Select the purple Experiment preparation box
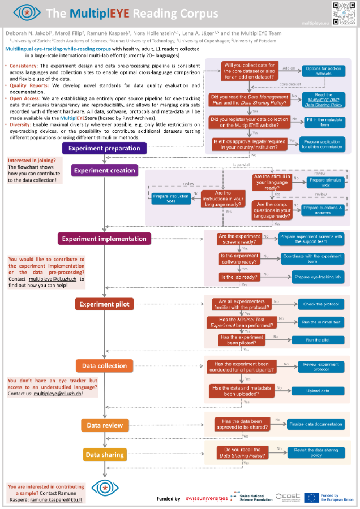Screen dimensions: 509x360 coord(104,148)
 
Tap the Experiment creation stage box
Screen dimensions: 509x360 coord(104,170)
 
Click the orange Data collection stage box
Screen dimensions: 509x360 coord(104,366)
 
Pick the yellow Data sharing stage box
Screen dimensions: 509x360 coord(104,454)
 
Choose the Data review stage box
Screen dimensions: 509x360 coord(104,425)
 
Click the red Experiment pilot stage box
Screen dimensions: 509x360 coord(104,304)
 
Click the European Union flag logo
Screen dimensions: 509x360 coord(312,498)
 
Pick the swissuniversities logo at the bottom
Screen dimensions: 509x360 coord(207,498)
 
